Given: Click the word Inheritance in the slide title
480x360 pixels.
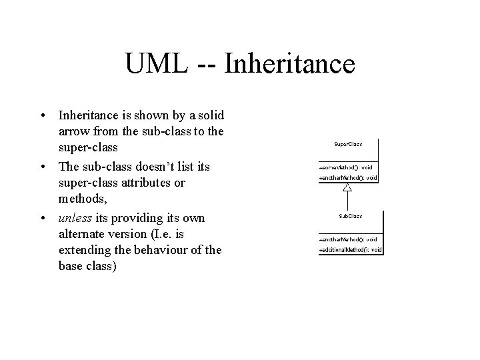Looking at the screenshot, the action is (290, 65).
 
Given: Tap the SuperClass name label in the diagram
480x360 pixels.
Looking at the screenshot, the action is (348, 143).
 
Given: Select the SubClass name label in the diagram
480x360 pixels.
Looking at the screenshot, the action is (351, 216).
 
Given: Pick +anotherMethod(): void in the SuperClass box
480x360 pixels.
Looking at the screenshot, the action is (349, 178).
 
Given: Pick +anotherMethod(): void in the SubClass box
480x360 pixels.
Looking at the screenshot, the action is (349, 239).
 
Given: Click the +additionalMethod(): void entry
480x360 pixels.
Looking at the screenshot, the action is (351, 250).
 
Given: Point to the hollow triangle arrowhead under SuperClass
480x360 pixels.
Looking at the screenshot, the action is (347, 188).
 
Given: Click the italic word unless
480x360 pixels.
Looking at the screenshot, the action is (73, 219).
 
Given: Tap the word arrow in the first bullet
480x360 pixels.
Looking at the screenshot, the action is (74, 133).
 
